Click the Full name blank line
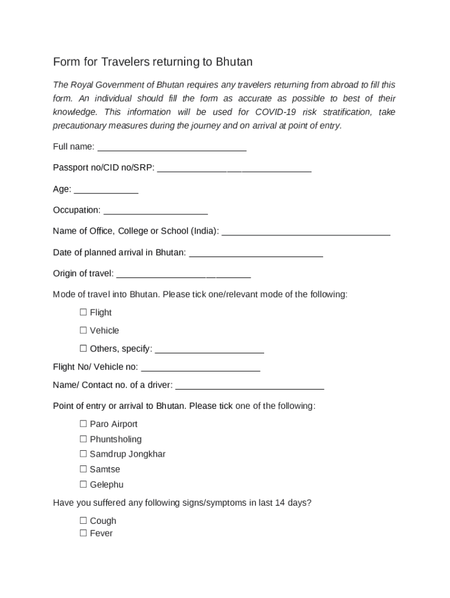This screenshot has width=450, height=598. [172, 147]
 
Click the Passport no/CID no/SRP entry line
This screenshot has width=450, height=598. [234, 169]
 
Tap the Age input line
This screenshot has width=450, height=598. [106, 190]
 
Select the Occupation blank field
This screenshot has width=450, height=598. [155, 211]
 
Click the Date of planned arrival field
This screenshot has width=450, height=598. [256, 253]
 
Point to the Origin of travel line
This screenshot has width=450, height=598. [184, 274]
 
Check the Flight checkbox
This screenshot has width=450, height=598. [83, 312]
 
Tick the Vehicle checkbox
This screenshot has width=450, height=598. [83, 331]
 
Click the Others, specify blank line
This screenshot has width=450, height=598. [209, 350]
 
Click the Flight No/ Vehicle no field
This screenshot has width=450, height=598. [200, 368]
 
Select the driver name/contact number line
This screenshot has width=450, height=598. [250, 386]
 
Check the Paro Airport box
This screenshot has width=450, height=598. [83, 424]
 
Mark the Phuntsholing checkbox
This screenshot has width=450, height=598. [83, 439]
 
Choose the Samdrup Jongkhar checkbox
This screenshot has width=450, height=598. [83, 454]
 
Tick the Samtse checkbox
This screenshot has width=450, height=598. [83, 469]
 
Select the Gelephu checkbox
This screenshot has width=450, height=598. [83, 484]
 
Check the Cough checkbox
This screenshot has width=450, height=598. [83, 520]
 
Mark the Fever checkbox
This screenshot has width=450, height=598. [83, 533]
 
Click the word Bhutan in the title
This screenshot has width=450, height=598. [234, 62]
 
